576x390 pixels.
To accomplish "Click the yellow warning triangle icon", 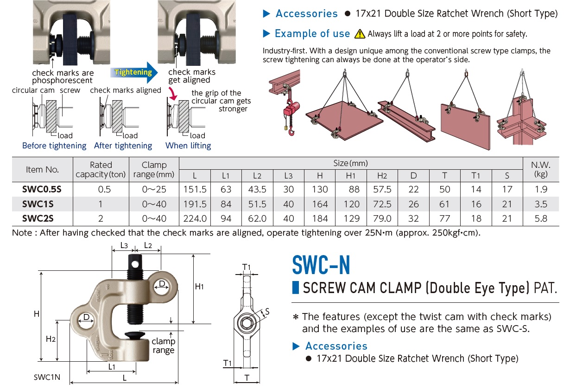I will click(360, 34).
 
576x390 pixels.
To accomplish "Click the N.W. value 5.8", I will click(541, 218).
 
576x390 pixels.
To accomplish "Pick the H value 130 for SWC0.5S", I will click(320, 189).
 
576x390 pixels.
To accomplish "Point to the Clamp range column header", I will click(154, 170).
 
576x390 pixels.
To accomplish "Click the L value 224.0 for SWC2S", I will click(195, 218).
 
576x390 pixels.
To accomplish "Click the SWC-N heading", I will click(321, 265).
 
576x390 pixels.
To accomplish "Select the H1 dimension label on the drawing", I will click(199, 287).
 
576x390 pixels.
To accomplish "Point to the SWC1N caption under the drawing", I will click(47, 377).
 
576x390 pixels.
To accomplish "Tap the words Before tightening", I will click(54, 146).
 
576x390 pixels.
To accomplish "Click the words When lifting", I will click(188, 146).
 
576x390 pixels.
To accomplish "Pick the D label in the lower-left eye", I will click(87, 318).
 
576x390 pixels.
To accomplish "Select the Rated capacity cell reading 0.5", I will click(101, 189).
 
